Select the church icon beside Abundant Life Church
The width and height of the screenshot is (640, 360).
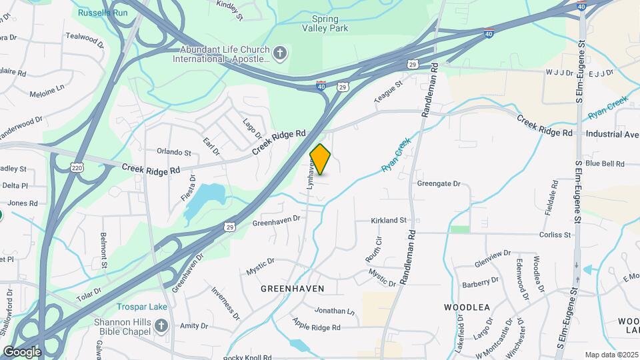pyautogui.click(x=281, y=53)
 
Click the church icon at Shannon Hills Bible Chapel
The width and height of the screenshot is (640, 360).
pyautogui.click(x=160, y=326)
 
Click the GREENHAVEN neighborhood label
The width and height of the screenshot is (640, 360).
pyautogui.click(x=292, y=289)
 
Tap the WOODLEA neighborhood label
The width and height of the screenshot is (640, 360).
pyautogui.click(x=467, y=307)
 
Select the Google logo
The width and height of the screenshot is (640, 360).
pyautogui.click(x=22, y=351)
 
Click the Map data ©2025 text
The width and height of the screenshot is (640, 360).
pyautogui.click(x=610, y=355)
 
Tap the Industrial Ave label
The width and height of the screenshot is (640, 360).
pyautogui.click(x=612, y=134)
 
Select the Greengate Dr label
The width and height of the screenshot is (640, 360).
pyautogui.click(x=439, y=183)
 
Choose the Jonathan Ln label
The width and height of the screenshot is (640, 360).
pyautogui.click(x=335, y=311)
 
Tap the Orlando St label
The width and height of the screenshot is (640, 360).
pyautogui.click(x=173, y=152)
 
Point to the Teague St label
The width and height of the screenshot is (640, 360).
pyautogui.click(x=389, y=93)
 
